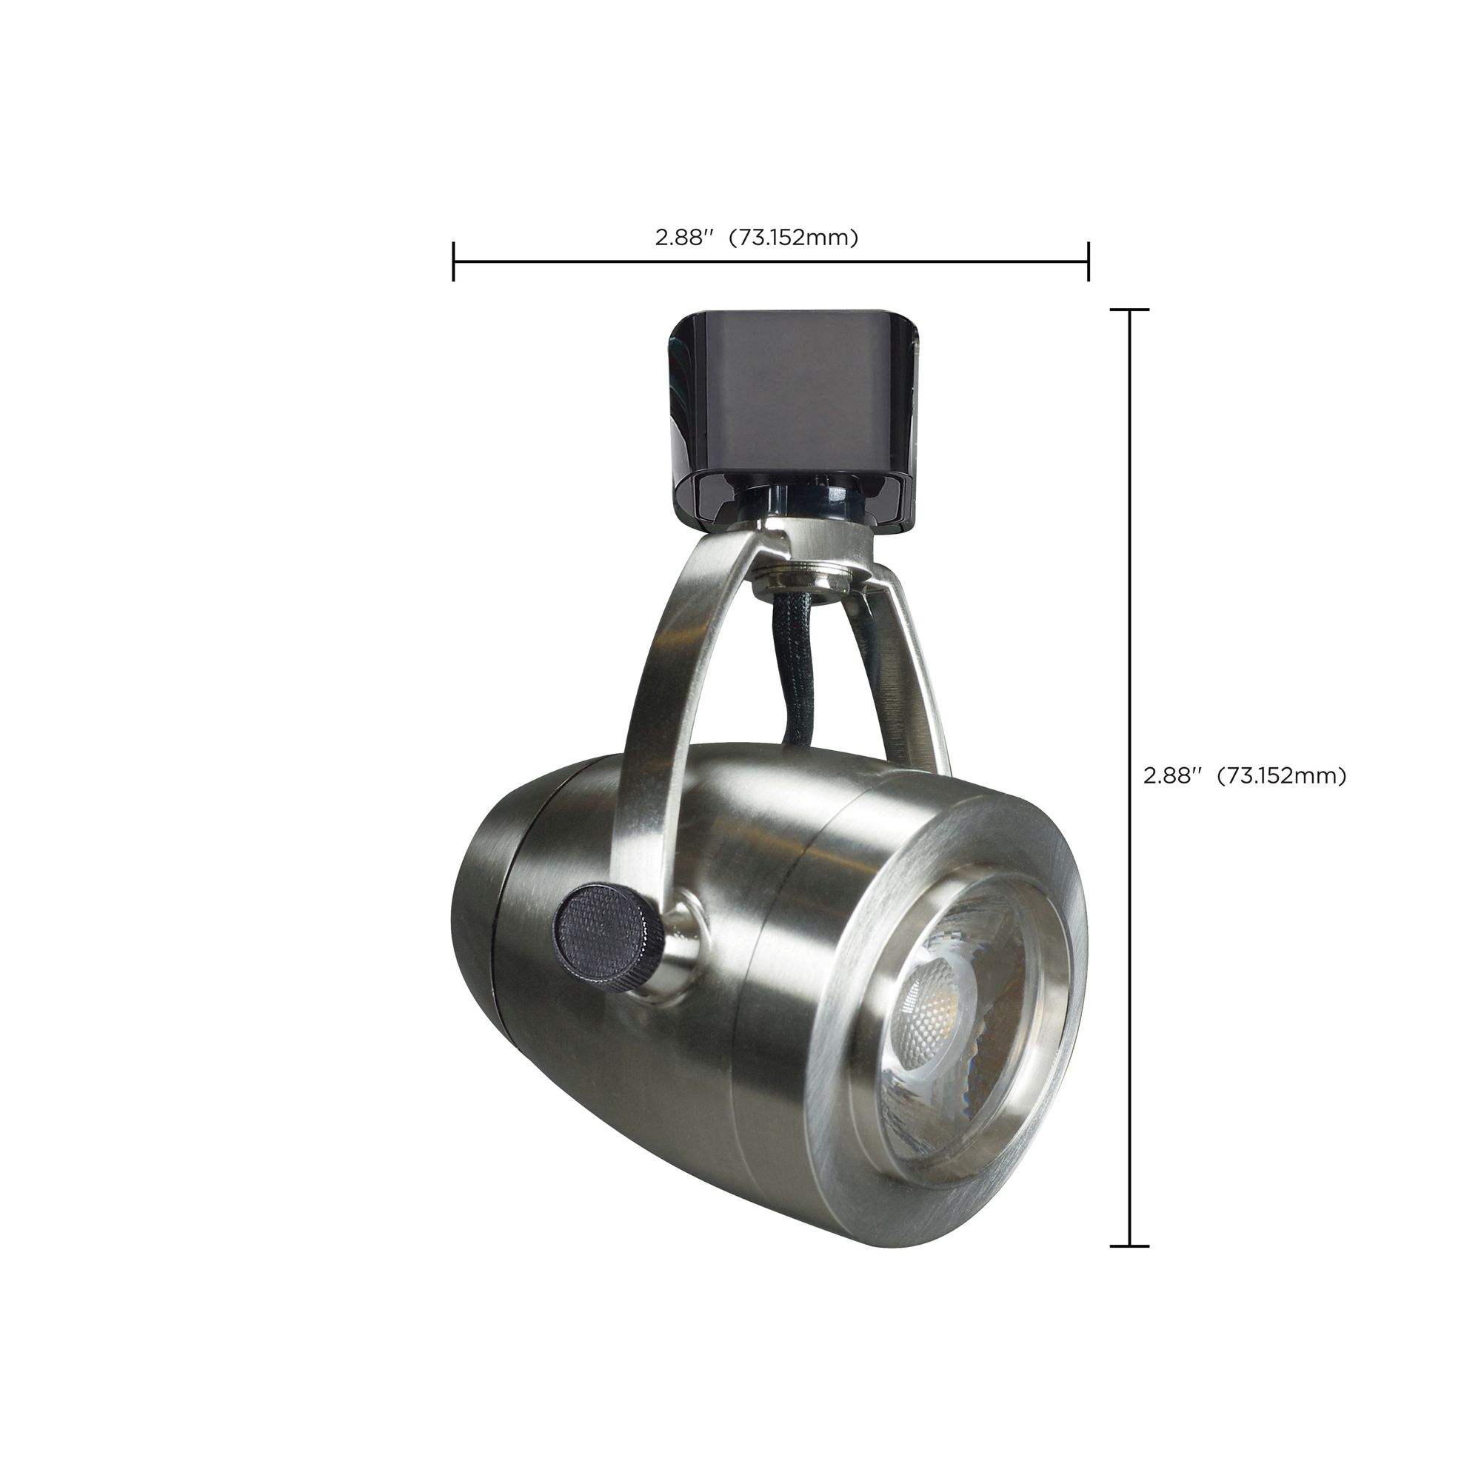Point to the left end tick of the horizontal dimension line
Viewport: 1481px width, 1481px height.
pyautogui.click(x=454, y=261)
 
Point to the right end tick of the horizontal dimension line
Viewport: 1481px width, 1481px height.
pyautogui.click(x=1088, y=261)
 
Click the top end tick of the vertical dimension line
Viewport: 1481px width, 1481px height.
pyautogui.click(x=1129, y=310)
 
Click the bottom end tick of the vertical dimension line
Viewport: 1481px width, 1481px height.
pyautogui.click(x=1129, y=1246)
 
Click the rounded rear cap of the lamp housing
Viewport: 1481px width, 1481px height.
pyautogui.click(x=479, y=912)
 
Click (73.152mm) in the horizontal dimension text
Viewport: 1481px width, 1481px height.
pyautogui.click(x=792, y=238)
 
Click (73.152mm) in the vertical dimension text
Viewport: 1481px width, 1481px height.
pyautogui.click(x=1282, y=776)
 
